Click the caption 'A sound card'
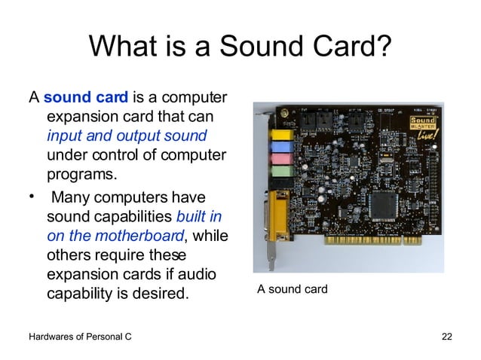pos(293,288)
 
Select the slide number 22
pos(446,336)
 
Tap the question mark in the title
pos(383,47)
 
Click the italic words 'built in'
pos(199,216)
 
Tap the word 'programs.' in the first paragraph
pos(82,175)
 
